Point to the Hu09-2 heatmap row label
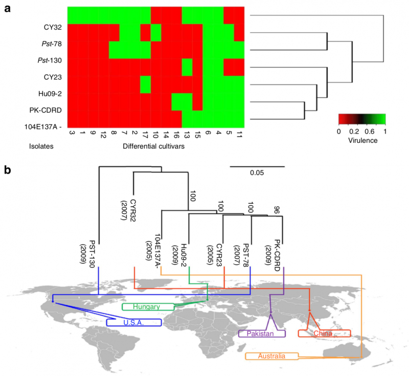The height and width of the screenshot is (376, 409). tap(52, 94)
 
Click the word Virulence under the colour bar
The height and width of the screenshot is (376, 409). tap(361, 141)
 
